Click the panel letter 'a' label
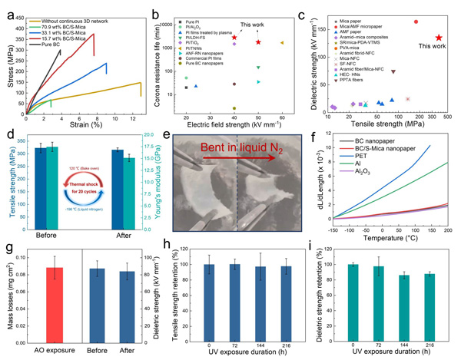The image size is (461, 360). [x=8, y=7]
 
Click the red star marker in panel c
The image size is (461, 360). [x=439, y=37]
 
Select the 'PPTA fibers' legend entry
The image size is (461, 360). [x=353, y=79]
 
